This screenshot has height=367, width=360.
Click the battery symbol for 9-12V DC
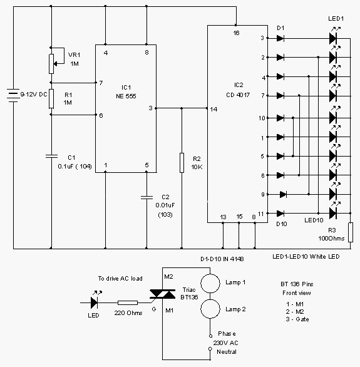pyautogui.click(x=13, y=95)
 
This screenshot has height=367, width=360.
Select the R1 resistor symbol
pyautogui.click(x=51, y=99)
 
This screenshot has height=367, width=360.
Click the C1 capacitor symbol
pyautogui.click(x=51, y=156)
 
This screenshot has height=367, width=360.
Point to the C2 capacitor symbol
pyautogui.click(x=147, y=197)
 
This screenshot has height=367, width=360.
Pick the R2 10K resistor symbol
pyautogui.click(x=182, y=163)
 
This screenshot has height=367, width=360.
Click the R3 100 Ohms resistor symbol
pyautogui.click(x=351, y=232)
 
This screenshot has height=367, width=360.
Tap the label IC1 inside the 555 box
pyautogui.click(x=126, y=88)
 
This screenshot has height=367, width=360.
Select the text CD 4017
pyautogui.click(x=238, y=95)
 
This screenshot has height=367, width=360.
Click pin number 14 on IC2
pyautogui.click(x=213, y=110)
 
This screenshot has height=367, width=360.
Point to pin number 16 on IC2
pyautogui.click(x=236, y=33)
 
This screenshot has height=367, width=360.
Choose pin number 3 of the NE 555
pyautogui.click(x=150, y=108)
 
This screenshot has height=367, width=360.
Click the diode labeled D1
pyautogui.click(x=280, y=38)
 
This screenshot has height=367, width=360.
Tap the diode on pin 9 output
pyautogui.click(x=283, y=194)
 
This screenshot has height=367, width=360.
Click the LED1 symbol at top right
pyautogui.click(x=333, y=38)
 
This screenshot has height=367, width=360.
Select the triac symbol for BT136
pyautogui.click(x=162, y=294)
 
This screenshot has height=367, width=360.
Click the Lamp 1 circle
pyautogui.click(x=210, y=283)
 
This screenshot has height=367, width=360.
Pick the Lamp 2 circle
pyautogui.click(x=210, y=309)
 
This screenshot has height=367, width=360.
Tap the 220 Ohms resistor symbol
pyautogui.click(x=128, y=303)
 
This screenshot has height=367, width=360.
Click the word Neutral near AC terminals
pyautogui.click(x=227, y=351)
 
